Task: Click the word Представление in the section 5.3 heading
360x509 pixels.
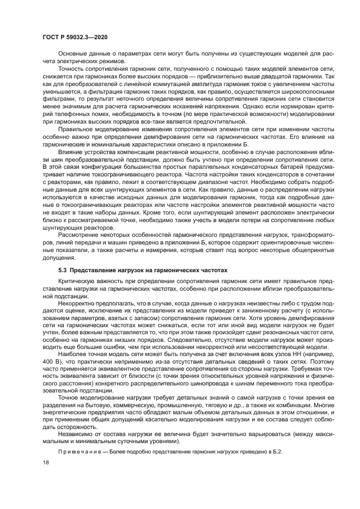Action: [x=94, y=269]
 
